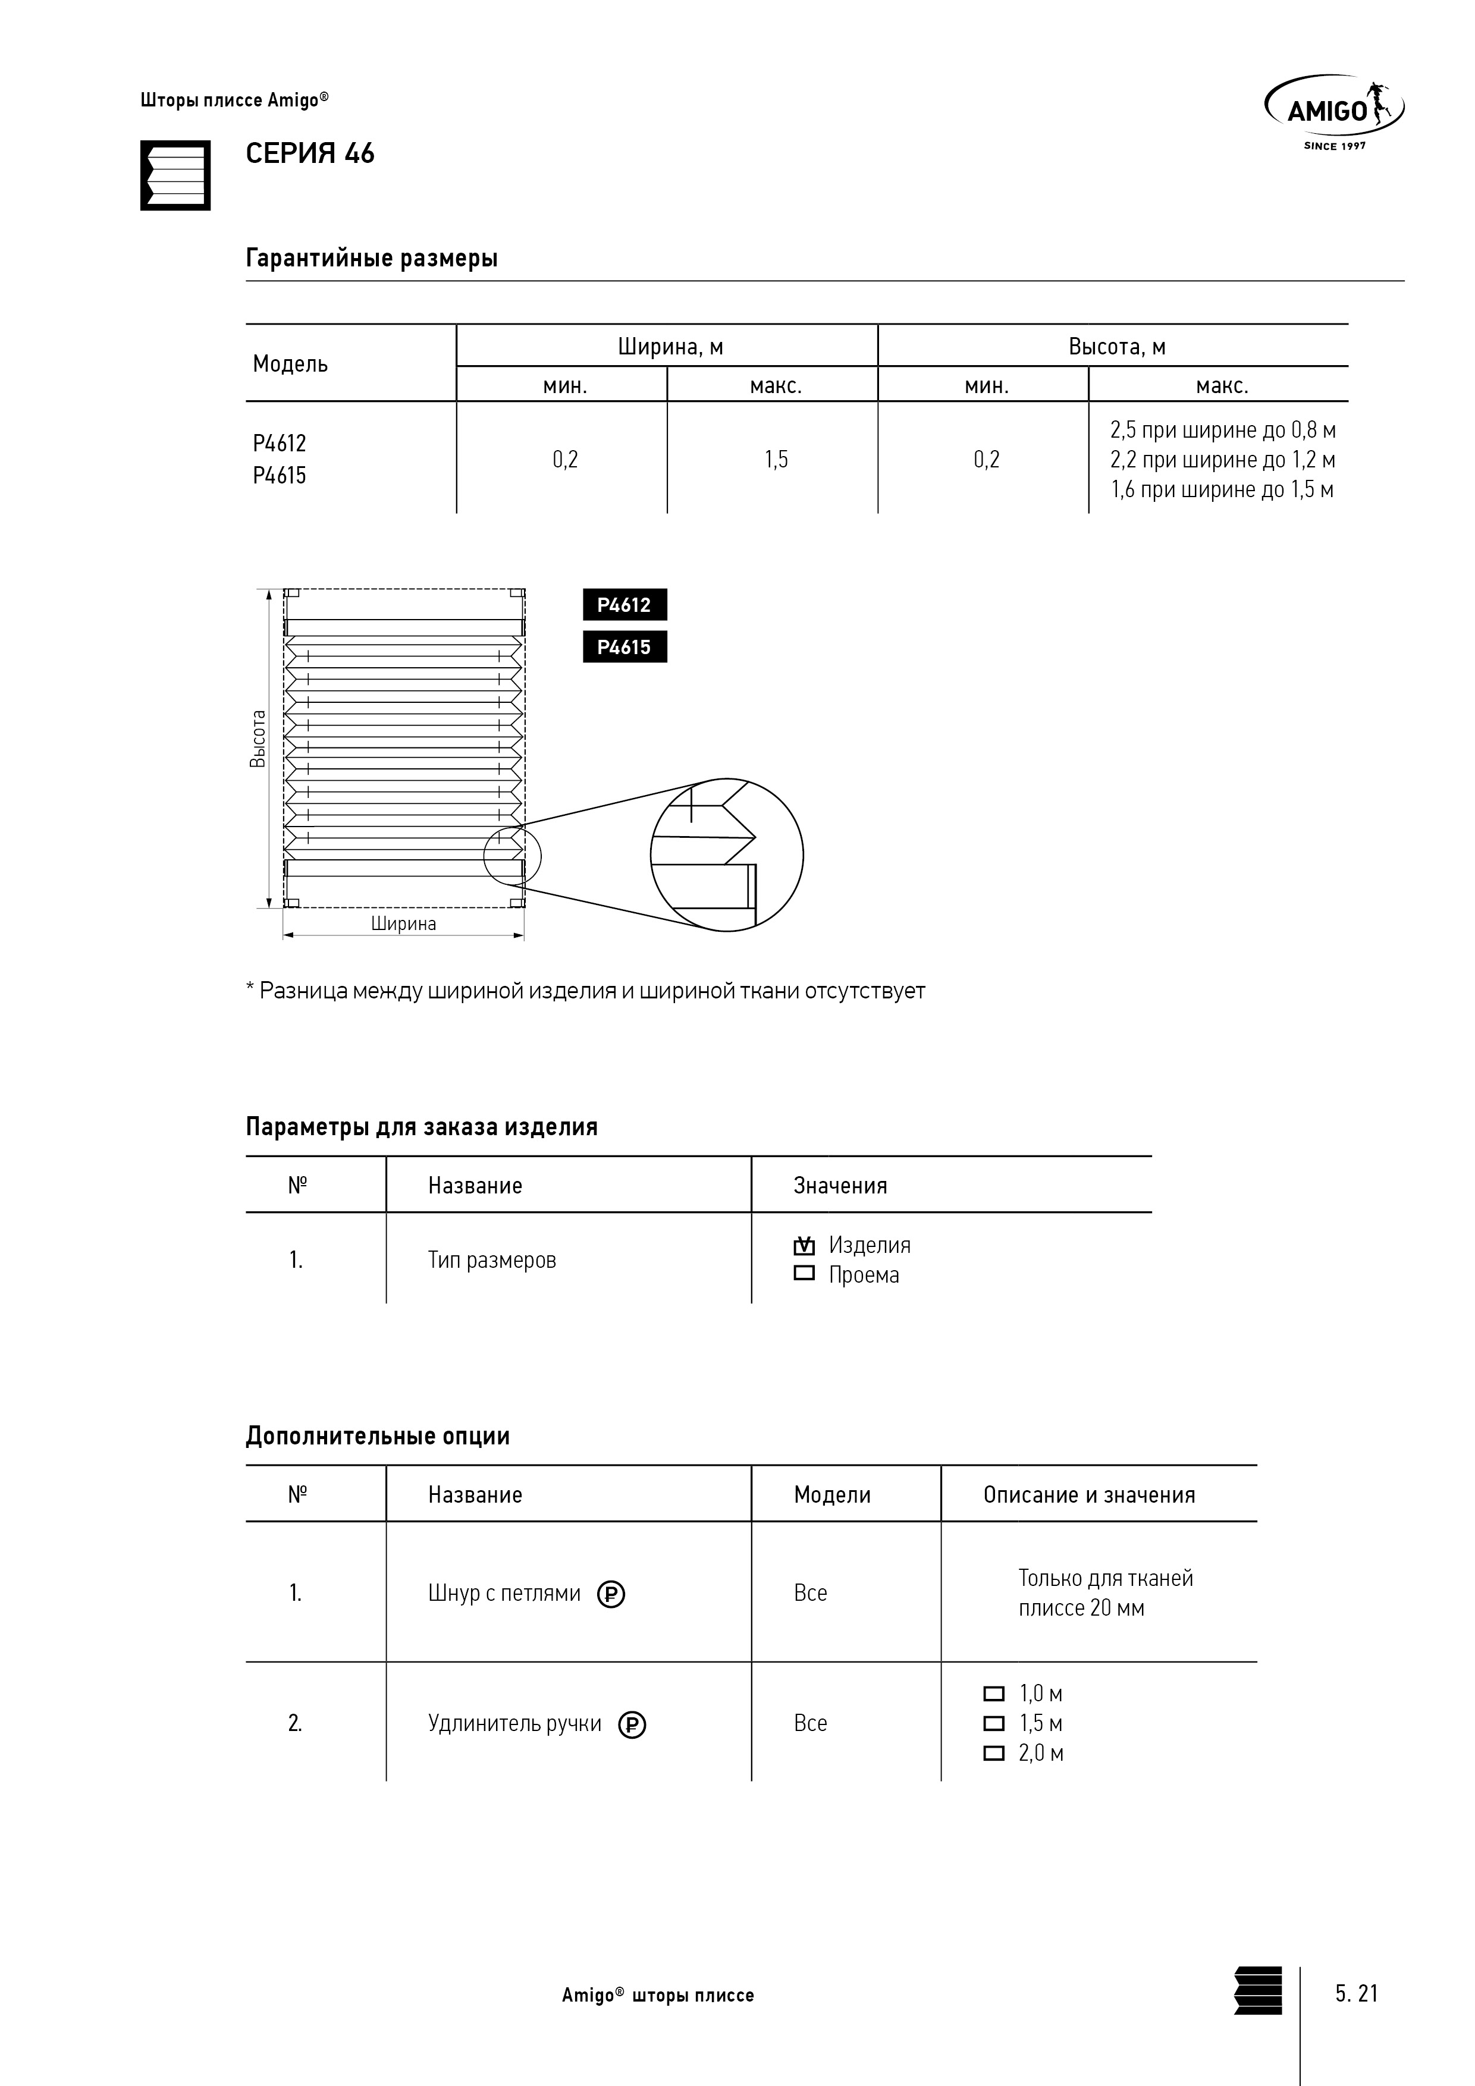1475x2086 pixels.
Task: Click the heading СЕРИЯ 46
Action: (309, 153)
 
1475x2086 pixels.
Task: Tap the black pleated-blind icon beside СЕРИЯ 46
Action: (175, 175)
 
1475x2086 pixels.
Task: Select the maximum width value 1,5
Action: (775, 460)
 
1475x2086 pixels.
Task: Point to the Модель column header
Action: (290, 365)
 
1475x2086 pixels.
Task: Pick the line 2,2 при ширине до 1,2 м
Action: (1222, 460)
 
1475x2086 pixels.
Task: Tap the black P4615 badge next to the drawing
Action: (624, 647)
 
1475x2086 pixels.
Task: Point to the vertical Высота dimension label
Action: (258, 739)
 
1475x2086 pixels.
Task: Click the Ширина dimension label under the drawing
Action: (403, 924)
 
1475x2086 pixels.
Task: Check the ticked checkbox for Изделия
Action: (804, 1246)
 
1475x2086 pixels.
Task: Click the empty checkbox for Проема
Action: (804, 1274)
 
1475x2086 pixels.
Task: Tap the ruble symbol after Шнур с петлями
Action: (611, 1594)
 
